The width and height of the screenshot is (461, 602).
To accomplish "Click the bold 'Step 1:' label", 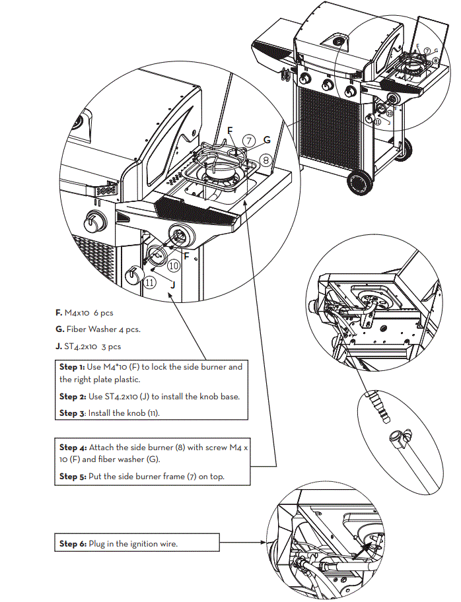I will click(71, 366).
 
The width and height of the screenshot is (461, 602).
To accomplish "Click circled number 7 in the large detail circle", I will click(248, 141).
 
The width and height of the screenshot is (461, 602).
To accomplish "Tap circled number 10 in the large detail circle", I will click(173, 266).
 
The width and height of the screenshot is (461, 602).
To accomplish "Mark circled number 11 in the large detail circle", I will click(151, 282).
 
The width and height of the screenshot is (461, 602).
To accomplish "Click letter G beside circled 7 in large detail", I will click(267, 140).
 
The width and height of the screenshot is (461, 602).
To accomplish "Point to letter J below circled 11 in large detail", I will click(172, 285).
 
